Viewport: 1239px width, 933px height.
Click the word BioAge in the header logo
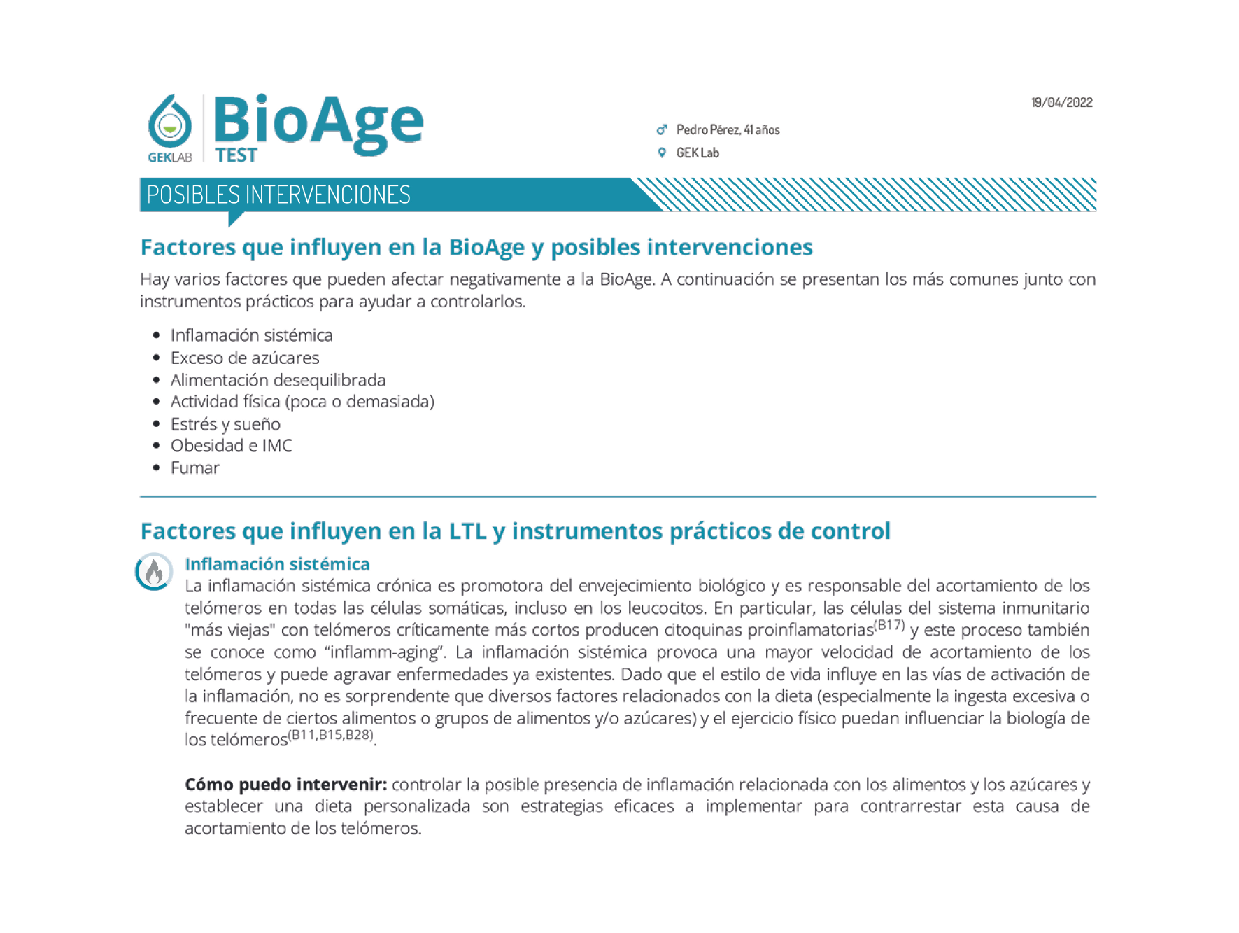tap(318, 120)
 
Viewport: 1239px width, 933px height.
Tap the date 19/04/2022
tap(1061, 103)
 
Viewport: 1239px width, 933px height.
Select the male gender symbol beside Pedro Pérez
tap(661, 129)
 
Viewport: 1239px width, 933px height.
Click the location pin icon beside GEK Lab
tap(661, 153)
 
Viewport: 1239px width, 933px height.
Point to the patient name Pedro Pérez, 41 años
tap(728, 129)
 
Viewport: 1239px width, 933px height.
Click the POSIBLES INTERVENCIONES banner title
tap(278, 195)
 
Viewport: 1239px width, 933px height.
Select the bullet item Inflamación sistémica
tap(251, 335)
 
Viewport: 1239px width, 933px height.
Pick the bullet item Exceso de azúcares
tap(244, 358)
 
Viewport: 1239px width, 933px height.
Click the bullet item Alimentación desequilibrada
tap(278, 380)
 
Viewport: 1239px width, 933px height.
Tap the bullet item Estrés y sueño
tap(225, 424)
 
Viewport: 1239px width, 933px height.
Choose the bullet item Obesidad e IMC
tap(231, 446)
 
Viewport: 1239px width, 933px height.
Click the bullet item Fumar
tap(194, 468)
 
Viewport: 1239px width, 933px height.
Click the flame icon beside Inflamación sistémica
tap(154, 572)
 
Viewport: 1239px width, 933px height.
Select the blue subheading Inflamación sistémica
tap(277, 564)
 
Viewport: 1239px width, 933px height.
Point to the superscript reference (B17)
tap(890, 624)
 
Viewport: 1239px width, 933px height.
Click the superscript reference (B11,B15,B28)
tap(331, 735)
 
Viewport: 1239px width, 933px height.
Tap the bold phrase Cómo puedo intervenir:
tap(285, 785)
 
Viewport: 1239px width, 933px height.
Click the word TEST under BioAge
tap(236, 155)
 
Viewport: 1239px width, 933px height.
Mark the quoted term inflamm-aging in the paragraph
tap(385, 652)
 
